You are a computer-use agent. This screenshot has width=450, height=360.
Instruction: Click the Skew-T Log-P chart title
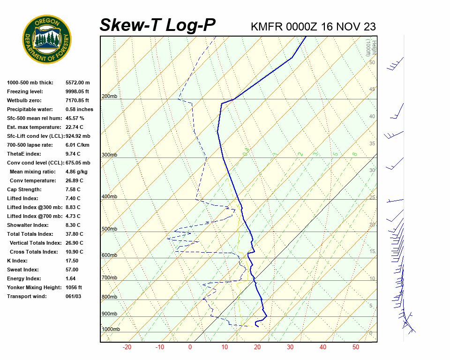click(157, 25)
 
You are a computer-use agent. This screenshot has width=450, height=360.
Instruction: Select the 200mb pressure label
click(109, 97)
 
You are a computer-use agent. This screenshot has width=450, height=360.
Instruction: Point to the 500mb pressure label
click(109, 229)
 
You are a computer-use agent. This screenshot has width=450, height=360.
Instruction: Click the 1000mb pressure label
click(111, 330)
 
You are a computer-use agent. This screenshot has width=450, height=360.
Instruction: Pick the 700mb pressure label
click(109, 278)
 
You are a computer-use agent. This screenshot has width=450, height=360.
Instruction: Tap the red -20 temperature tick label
click(127, 347)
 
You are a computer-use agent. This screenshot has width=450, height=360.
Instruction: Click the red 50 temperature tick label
click(356, 347)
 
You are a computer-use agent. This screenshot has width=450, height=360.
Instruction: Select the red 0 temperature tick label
click(190, 347)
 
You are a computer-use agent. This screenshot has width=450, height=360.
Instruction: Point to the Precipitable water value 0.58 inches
click(79, 109)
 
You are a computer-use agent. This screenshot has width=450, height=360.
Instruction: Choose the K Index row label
click(17, 261)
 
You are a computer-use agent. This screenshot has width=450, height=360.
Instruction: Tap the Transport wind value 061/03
click(73, 296)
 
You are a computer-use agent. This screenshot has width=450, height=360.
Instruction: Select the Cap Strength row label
click(24, 189)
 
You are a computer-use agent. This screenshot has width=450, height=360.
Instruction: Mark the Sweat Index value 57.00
click(72, 270)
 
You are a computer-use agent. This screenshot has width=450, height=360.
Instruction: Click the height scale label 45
click(372, 89)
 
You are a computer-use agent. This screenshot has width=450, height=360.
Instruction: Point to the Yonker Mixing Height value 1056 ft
click(74, 287)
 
